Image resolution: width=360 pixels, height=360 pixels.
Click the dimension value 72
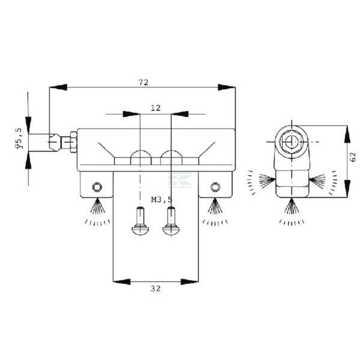(x=143, y=82)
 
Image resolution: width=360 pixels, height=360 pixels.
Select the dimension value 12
(x=155, y=107)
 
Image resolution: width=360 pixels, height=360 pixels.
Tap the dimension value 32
(x=155, y=289)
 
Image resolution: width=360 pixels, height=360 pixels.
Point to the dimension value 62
(x=353, y=157)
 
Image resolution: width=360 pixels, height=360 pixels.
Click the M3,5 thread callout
(x=161, y=200)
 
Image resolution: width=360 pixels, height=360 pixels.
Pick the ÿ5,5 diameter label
(x=20, y=139)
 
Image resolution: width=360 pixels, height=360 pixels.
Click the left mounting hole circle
(x=97, y=187)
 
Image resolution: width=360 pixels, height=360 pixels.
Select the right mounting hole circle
(x=215, y=187)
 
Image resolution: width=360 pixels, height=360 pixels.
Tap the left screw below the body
(x=140, y=221)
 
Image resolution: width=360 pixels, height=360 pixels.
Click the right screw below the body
(x=171, y=221)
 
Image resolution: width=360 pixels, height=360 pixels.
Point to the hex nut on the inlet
(x=73, y=142)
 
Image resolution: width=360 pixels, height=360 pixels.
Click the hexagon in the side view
(x=292, y=142)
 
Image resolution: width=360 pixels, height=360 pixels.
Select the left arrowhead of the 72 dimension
(x=58, y=87)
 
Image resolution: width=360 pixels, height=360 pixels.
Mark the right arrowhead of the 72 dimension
(x=226, y=87)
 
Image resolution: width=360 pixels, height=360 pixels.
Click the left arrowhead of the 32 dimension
(x=122, y=282)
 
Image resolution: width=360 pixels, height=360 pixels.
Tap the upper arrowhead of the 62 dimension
(x=347, y=134)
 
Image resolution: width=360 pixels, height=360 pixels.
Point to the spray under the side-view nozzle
(x=292, y=212)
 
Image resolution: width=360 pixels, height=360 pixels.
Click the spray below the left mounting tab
(x=97, y=212)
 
